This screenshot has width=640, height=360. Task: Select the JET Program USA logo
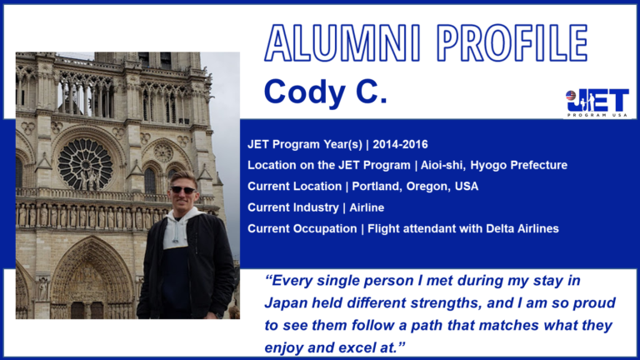(597, 103)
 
